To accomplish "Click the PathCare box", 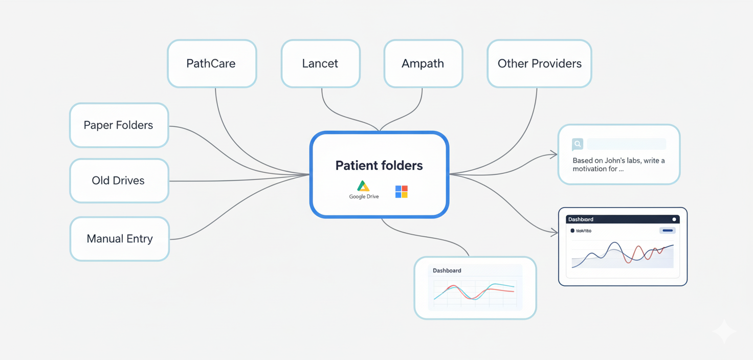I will (x=211, y=64).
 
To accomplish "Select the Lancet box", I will (x=320, y=64).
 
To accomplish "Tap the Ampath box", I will (x=423, y=64).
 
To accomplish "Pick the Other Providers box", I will (x=539, y=64).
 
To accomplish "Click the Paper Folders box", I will (x=119, y=125).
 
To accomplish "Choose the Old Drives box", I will (x=119, y=181).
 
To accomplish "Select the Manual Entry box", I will (x=119, y=239).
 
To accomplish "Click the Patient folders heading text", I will (x=379, y=166).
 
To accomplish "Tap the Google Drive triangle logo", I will (x=363, y=186).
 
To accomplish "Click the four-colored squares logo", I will (x=402, y=192).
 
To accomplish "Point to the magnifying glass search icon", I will (x=578, y=144).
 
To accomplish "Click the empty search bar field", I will (x=627, y=144).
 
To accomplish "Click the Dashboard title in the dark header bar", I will (x=581, y=219).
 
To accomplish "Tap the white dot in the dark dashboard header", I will (x=674, y=219).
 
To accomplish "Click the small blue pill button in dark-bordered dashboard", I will (x=668, y=231).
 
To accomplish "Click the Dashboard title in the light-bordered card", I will (x=447, y=271).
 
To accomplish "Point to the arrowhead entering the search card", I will (x=554, y=154).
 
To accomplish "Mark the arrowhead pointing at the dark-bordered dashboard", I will (x=555, y=233).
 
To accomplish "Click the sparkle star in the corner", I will (x=724, y=332).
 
